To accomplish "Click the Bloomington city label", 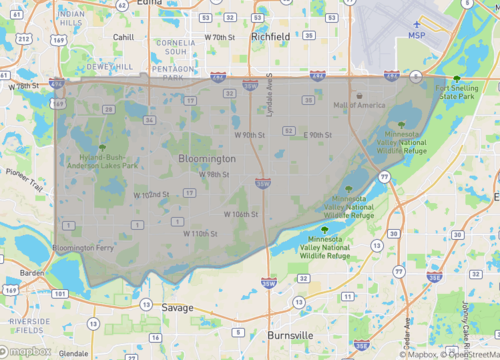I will [207, 159].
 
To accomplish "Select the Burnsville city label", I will [292, 335].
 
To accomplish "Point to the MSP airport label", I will [418, 35].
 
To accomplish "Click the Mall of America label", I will [359, 105].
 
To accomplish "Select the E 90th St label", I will [319, 134].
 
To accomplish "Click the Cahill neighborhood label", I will [123, 37].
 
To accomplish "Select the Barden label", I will [31, 271].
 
